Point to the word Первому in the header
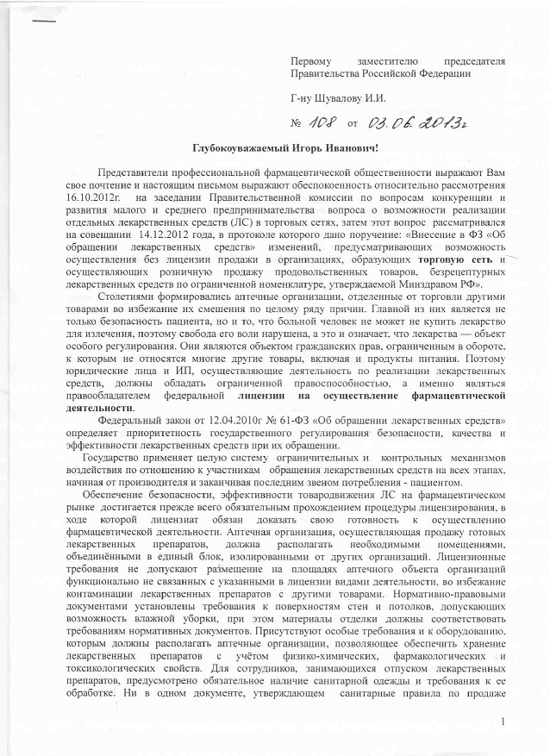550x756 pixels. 311,60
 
